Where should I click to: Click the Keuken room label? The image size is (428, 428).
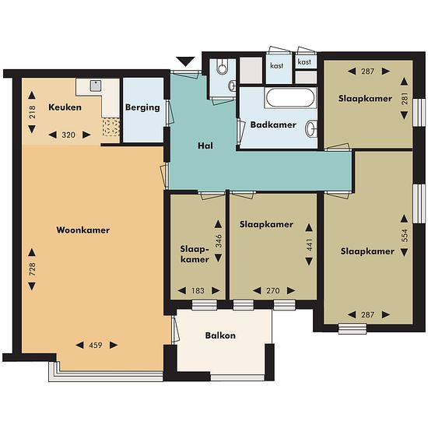[65, 107]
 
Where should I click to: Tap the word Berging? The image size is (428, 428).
[142, 107]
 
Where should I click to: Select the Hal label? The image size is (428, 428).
[205, 146]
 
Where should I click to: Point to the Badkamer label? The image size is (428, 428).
[273, 125]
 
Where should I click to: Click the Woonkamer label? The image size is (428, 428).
[83, 230]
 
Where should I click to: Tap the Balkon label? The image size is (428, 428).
[220, 335]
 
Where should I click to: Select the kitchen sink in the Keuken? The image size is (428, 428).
[96, 86]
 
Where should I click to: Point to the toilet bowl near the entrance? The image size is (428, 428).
[223, 66]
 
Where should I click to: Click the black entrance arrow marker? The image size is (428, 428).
[186, 61]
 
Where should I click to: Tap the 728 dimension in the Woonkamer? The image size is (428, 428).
[32, 269]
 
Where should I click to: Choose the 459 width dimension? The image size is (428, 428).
[96, 346]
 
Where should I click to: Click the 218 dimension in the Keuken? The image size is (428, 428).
[32, 112]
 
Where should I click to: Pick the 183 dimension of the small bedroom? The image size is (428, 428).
[198, 291]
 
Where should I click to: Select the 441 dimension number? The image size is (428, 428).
[309, 245]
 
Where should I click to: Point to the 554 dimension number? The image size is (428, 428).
[405, 235]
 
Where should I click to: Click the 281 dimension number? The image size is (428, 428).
[405, 99]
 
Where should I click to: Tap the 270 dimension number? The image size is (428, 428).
[273, 291]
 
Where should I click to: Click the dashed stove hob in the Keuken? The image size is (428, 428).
[111, 128]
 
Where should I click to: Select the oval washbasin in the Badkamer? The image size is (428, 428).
[310, 129]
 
